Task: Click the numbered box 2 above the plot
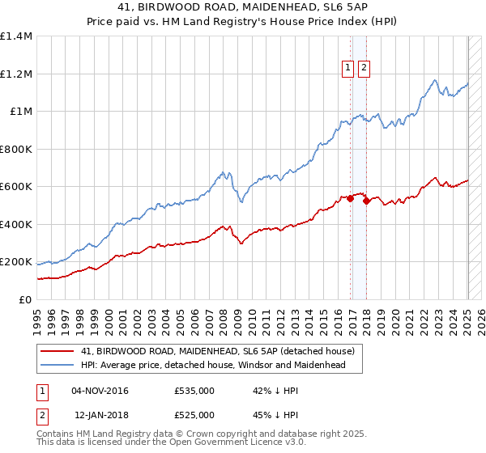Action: [x=363, y=69]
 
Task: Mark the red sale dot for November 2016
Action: [x=350, y=199]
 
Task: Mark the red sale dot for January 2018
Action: [x=367, y=201]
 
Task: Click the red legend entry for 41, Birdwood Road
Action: [x=218, y=351]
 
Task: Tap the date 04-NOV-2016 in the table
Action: [x=100, y=391]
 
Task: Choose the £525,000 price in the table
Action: [x=194, y=415]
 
